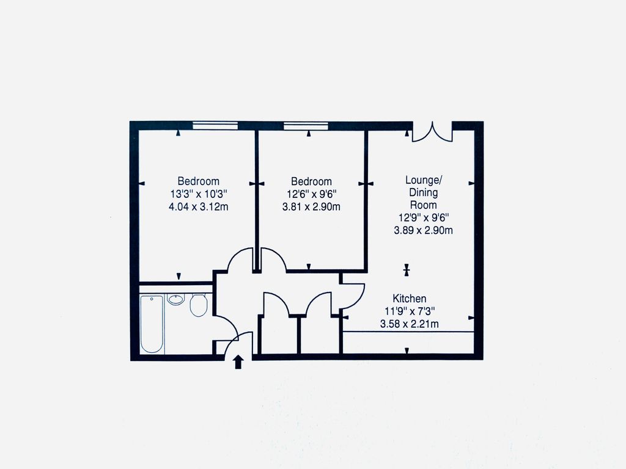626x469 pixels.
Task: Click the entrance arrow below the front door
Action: [x=238, y=362]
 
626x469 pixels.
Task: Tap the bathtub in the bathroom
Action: [x=152, y=324]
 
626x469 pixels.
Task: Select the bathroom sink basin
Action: [x=175, y=299]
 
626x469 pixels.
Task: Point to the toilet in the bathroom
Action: [x=199, y=305]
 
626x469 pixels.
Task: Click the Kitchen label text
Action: [x=409, y=298]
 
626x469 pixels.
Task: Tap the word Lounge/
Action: [x=424, y=180]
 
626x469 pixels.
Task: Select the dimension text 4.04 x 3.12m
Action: [x=199, y=206]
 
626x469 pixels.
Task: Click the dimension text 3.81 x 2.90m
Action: [x=311, y=206]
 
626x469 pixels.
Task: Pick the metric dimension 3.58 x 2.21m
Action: [x=409, y=324]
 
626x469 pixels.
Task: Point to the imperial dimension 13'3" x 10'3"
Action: [x=199, y=194]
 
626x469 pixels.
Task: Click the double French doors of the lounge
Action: [x=432, y=132]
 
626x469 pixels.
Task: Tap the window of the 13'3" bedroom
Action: [x=215, y=126]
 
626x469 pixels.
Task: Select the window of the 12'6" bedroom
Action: [x=306, y=126]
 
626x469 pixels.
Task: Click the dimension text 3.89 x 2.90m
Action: [x=423, y=230]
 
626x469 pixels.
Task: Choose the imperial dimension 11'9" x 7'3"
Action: [x=410, y=311]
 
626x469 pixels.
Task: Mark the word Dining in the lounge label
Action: [x=424, y=192]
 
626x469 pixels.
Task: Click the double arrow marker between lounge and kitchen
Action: [x=407, y=270]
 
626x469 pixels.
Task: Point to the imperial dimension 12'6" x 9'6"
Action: [x=311, y=194]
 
